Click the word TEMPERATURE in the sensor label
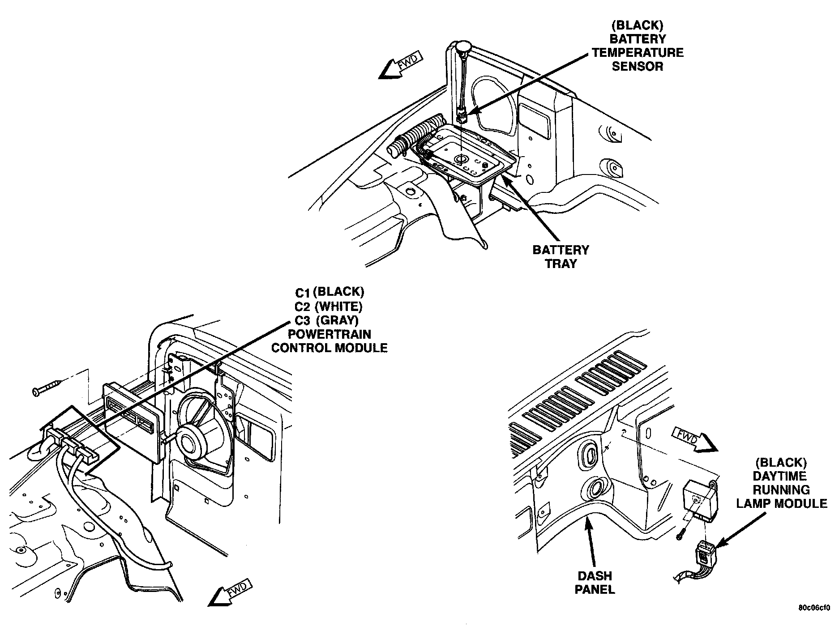[x=638, y=53]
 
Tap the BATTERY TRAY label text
[x=561, y=256]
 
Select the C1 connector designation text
[x=303, y=293]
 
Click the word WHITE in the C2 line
[x=338, y=306]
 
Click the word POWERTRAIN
[x=329, y=334]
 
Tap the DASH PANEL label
[x=595, y=583]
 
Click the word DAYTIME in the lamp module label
[x=780, y=476]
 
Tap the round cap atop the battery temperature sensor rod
[x=464, y=46]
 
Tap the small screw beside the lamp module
[x=681, y=533]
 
